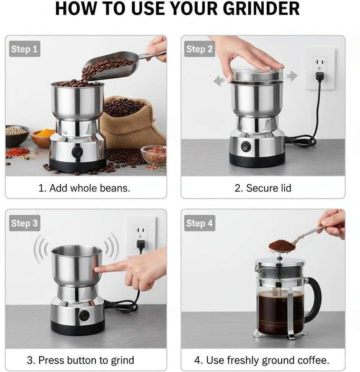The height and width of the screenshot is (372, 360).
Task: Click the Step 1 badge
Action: pos(24,49)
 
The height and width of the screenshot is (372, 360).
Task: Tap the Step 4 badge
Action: pos(200,223)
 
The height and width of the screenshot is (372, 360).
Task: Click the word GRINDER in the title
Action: pos(261,9)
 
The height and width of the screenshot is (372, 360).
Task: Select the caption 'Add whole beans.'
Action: pos(90,188)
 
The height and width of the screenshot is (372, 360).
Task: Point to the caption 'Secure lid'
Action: pos(269,188)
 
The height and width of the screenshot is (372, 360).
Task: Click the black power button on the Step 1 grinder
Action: pos(77,151)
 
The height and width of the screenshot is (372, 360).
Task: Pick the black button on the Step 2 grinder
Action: pos(246,146)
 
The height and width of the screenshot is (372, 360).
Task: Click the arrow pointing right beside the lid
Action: pos(291,76)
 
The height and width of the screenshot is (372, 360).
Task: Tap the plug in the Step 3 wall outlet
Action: pos(140,245)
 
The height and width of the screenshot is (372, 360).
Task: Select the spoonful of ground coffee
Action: pos(282,246)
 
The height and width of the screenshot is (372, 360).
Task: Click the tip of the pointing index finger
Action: pos(95,270)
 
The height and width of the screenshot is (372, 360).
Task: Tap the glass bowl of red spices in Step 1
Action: pos(154,155)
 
